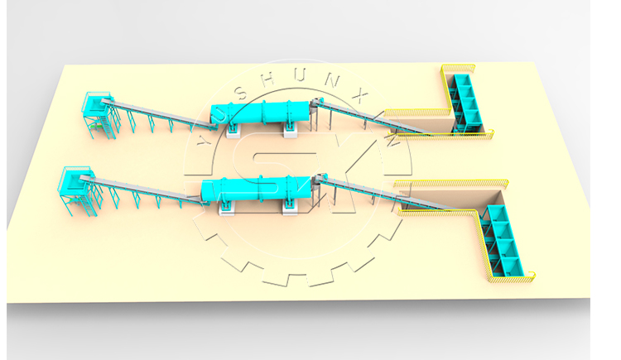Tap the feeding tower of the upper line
[x=97, y=116]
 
